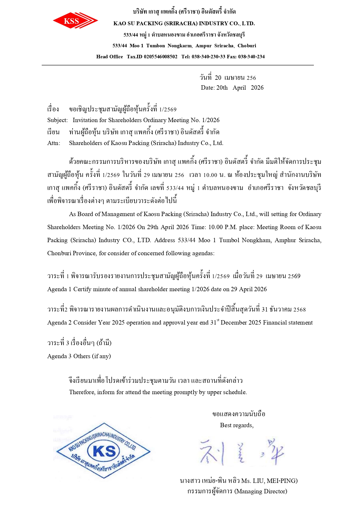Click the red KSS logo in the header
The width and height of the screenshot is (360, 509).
[75, 21]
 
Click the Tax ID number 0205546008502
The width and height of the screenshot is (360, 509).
[160, 57]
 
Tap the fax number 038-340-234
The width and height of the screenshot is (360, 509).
[251, 57]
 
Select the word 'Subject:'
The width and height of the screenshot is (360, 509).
[57, 120]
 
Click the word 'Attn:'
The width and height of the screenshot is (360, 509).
[54, 143]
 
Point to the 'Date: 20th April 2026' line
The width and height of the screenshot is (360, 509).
[232, 88]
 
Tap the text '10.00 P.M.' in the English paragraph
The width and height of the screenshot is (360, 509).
[222, 227]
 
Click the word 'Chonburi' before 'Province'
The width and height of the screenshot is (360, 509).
[59, 253]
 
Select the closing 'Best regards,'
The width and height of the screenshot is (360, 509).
[237, 425]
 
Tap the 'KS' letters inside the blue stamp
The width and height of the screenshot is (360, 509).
[104, 451]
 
